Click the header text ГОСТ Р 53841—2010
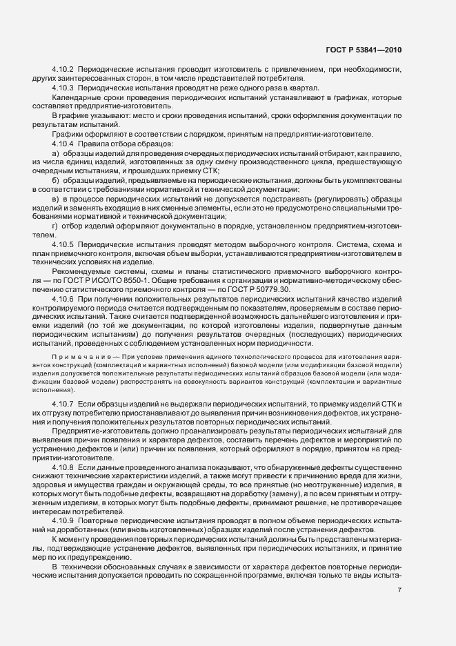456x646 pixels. point(362,51)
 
